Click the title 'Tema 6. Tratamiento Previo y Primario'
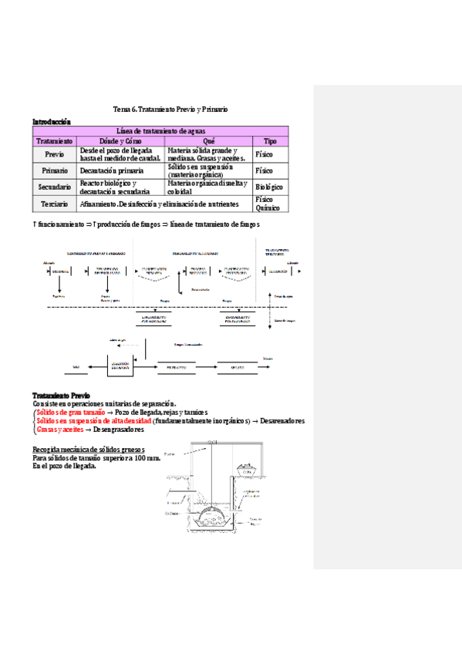coord(170,110)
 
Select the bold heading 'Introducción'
coord(51,121)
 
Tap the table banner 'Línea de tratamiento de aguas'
coord(160,131)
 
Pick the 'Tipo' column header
coord(270,141)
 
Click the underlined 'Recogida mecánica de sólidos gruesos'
coord(87,450)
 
